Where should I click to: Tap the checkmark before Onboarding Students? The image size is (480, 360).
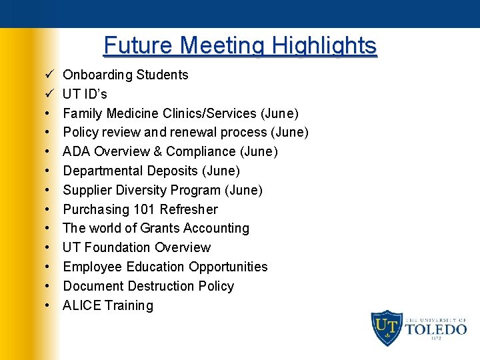50,75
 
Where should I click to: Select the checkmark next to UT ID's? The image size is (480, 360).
50,94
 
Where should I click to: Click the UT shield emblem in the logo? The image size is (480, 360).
387,327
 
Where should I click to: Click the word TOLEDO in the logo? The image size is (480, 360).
436,329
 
